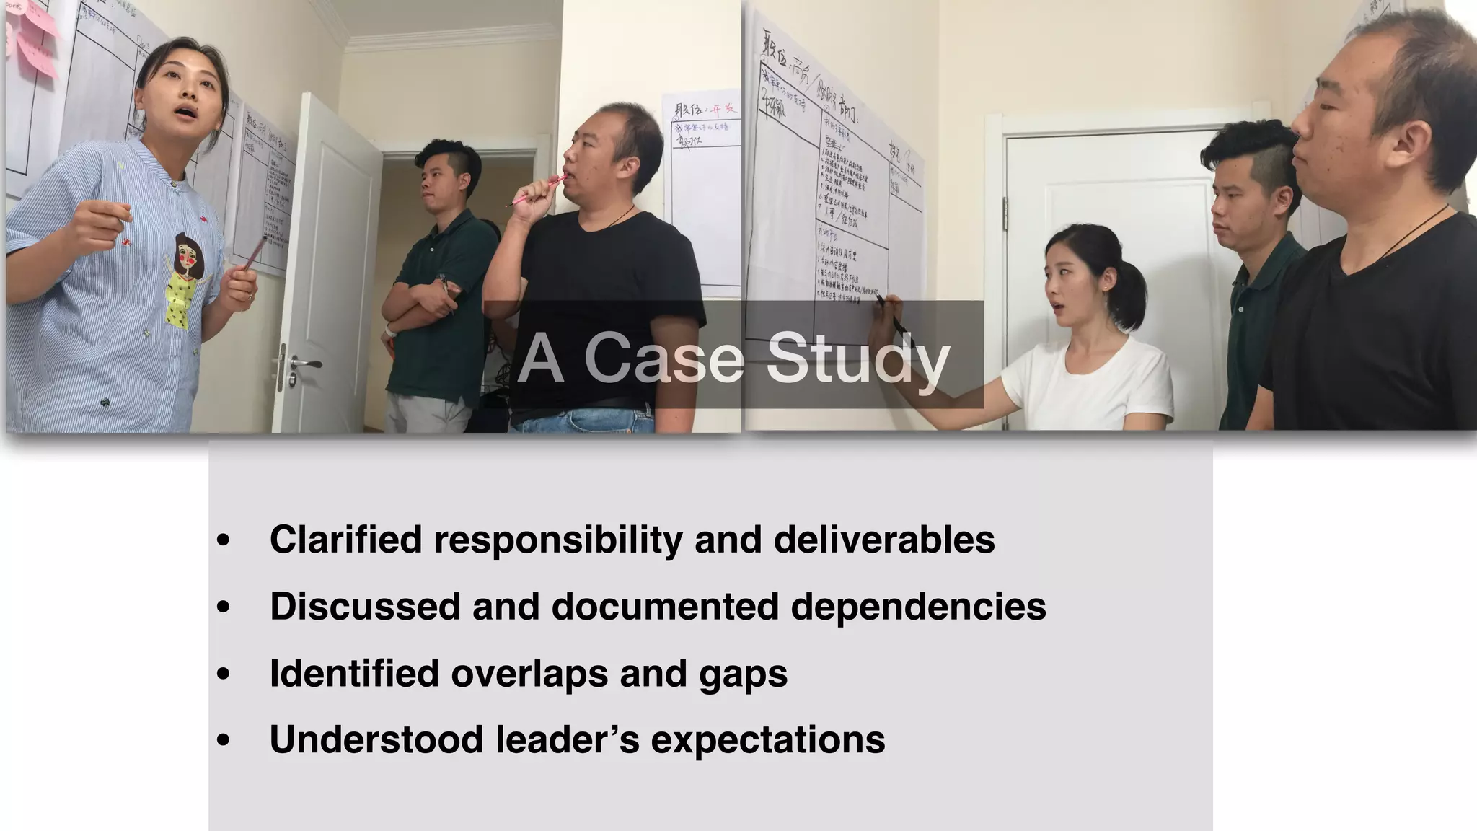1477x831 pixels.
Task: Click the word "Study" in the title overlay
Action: coord(857,359)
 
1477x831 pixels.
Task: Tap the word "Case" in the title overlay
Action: coord(663,359)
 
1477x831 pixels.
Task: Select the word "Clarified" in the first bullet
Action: coord(345,540)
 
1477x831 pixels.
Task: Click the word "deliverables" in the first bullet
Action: coord(884,540)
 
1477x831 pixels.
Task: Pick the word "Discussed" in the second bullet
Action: coord(365,606)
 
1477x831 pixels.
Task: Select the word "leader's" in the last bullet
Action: coord(567,739)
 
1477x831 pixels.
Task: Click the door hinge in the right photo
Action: coord(1005,214)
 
